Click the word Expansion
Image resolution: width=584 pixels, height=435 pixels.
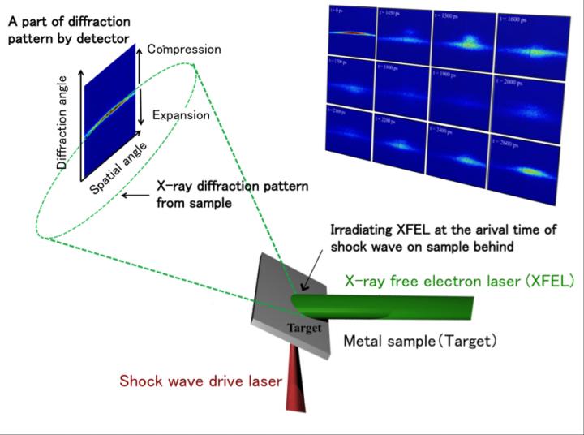pyautogui.click(x=182, y=116)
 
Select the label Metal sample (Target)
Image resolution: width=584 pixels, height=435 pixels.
pyautogui.click(x=418, y=341)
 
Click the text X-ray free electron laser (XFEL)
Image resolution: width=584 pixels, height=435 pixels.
pyautogui.click(x=459, y=282)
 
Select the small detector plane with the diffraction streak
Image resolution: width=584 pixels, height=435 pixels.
pyautogui.click(x=108, y=114)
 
